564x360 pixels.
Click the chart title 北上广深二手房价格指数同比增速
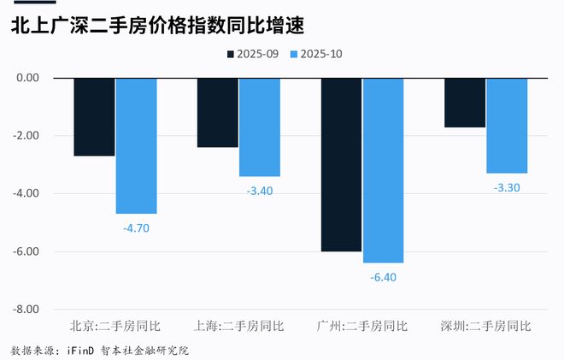tap(158, 27)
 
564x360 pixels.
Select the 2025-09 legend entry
tap(253, 54)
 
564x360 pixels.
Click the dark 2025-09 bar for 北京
tap(94, 116)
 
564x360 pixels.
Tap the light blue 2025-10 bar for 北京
tap(136, 145)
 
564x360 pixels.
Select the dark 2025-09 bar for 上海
tap(217, 112)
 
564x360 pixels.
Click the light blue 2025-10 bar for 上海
tap(259, 127)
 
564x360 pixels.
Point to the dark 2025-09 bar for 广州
tap(341, 164)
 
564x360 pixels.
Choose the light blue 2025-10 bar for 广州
tap(383, 170)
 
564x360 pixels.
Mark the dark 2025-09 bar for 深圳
tap(465, 103)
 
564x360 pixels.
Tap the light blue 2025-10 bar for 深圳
tap(507, 125)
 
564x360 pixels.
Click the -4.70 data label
tap(136, 228)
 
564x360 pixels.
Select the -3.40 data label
tap(259, 191)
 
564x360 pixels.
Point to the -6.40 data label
tap(383, 277)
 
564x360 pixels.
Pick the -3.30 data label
tap(507, 187)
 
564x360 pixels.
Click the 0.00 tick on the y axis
tap(29, 78)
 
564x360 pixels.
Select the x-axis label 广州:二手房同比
tap(361, 326)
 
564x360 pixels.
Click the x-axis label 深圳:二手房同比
tap(485, 326)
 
